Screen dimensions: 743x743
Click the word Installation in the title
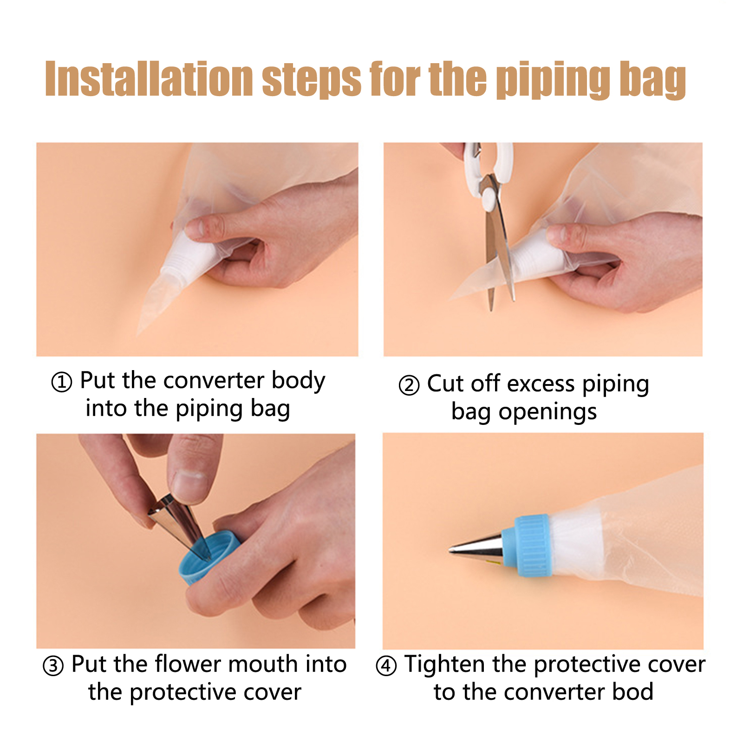pos(149,79)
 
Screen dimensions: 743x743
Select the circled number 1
pos(62,382)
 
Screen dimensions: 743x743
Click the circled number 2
pos(409,385)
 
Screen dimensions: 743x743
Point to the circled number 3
pos(53,665)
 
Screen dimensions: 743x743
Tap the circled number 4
pos(386,665)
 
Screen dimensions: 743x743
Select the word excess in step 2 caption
pos(541,385)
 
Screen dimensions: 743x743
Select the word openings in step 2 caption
pos(547,413)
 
